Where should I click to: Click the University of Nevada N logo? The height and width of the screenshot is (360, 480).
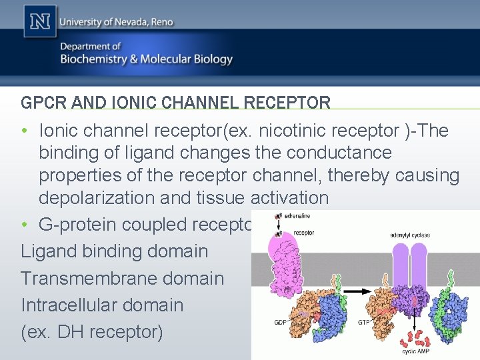[39, 21]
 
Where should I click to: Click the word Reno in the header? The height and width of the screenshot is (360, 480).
[159, 22]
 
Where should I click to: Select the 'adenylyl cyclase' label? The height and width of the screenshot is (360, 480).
[410, 235]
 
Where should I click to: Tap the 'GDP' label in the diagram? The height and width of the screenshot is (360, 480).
[281, 322]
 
